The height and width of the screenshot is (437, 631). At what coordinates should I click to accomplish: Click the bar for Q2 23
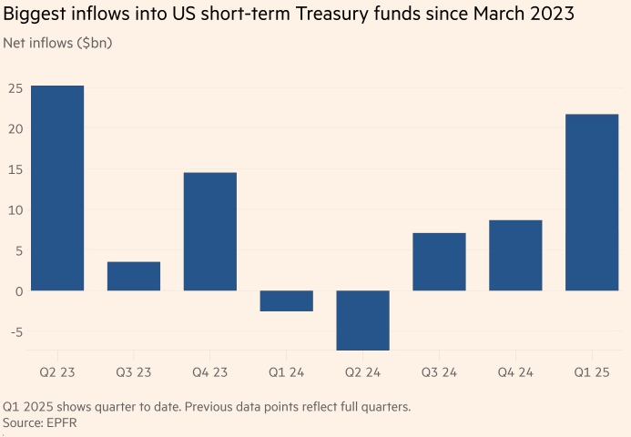coord(57,188)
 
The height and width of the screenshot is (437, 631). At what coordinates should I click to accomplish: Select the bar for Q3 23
coord(134,277)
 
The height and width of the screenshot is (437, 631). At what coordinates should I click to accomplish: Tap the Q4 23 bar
coord(210,231)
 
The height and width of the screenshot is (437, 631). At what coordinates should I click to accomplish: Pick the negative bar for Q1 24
coord(287,301)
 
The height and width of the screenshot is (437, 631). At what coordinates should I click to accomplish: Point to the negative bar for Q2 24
coord(363,320)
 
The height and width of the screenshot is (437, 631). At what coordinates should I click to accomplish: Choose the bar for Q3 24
coord(439,262)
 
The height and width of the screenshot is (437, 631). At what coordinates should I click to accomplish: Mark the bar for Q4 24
coord(515,255)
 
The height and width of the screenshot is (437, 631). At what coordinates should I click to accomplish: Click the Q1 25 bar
coord(592,202)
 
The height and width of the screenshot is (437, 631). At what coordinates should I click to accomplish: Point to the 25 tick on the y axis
coord(15,88)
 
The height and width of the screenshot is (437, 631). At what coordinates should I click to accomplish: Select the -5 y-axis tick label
coord(15,331)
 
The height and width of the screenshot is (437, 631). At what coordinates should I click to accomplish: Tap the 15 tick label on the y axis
coord(15,169)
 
